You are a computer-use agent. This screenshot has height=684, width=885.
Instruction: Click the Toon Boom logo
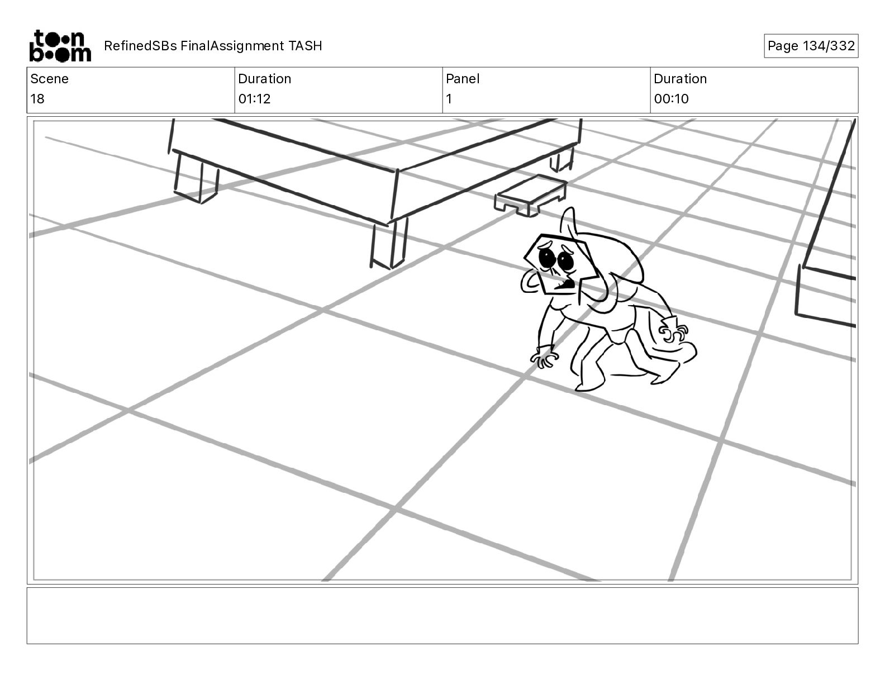point(60,46)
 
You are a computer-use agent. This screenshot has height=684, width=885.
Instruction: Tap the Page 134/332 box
point(811,46)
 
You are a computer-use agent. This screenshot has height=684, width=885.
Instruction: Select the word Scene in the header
point(49,79)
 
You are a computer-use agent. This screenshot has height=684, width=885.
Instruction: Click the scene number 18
point(37,99)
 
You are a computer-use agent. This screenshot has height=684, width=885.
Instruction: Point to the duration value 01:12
point(254,99)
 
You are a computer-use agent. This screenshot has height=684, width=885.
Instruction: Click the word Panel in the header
point(463,79)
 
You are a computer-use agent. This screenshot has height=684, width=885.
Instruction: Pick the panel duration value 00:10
point(671,99)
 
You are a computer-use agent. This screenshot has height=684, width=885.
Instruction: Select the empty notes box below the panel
point(442,615)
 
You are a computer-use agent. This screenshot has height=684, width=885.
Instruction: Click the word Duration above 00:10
point(680,79)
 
